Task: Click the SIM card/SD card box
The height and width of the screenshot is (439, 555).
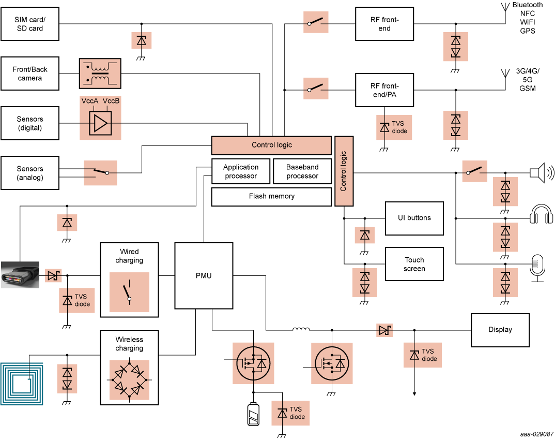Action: point(30,24)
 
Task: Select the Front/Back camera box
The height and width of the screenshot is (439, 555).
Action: point(30,74)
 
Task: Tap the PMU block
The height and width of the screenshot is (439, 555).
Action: point(204,275)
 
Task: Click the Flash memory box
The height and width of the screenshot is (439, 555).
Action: point(271,197)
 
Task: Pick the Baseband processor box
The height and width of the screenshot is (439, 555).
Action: point(302,172)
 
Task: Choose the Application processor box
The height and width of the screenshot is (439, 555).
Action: point(241,172)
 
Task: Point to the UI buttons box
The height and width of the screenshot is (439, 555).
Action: point(414,218)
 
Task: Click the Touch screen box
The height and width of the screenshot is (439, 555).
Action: point(414,264)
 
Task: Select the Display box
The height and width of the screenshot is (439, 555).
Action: point(500,330)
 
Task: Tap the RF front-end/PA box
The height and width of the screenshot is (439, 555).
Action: point(384,90)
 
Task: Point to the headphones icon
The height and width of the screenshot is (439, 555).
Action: point(542,215)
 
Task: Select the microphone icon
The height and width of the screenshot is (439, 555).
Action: point(538,267)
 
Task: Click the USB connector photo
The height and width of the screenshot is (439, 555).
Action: point(20,274)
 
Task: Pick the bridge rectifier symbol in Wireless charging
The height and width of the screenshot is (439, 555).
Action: point(129,380)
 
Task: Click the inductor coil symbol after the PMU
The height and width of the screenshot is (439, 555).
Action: point(301,330)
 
